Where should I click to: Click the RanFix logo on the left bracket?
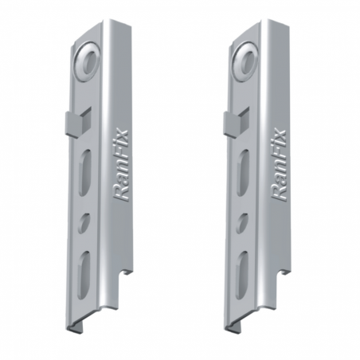[x=121, y=164]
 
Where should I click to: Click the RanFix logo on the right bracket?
[x=279, y=164]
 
